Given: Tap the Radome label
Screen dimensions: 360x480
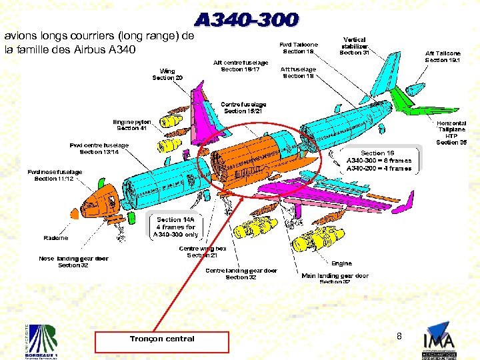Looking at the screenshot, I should coord(56,238).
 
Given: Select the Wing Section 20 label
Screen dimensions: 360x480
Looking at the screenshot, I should coord(167,74).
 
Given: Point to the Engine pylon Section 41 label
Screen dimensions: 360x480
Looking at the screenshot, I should coord(132,125).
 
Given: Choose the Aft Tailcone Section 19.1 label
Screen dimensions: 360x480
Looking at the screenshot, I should coord(443,57).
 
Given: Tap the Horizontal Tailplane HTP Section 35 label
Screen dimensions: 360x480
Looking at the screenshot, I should coord(451,132).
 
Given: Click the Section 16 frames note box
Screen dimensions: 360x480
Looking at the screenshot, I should coord(379,161).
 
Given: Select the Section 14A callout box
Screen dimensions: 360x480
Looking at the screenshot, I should coord(175,227).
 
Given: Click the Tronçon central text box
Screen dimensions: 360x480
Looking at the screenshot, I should coord(162,339).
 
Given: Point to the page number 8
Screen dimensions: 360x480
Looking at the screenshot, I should coord(399,337).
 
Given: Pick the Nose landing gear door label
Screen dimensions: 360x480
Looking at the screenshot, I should coord(73,262).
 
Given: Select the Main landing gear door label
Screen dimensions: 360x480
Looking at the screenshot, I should coord(335,278).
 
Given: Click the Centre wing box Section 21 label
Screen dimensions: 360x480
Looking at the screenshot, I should coord(202,252).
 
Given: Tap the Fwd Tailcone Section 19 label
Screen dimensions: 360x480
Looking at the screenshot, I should coord(299,48).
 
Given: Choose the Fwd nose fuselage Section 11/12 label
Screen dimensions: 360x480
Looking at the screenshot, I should coord(55,175).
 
